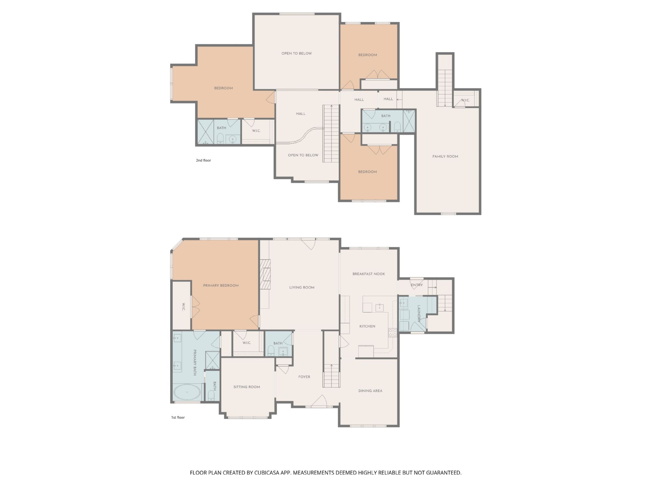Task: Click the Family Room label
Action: tap(445, 156)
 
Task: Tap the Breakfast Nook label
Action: tap(369, 274)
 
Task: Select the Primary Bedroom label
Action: tap(221, 285)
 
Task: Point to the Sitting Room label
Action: tap(247, 387)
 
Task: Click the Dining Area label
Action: tap(370, 391)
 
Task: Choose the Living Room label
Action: tap(302, 287)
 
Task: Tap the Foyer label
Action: tap(304, 377)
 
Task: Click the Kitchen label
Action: tap(367, 326)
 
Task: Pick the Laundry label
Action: tap(419, 314)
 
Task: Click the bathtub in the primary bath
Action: tap(187, 392)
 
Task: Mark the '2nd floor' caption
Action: tap(203, 160)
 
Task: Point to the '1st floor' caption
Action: tap(178, 417)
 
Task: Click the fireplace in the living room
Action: tap(265, 275)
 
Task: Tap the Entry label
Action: tap(417, 285)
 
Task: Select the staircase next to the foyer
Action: tap(331, 375)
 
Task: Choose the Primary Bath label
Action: tap(195, 363)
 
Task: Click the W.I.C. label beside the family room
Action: tap(465, 100)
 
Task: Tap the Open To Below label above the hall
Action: tap(297, 53)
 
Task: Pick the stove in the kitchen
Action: tap(392, 333)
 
